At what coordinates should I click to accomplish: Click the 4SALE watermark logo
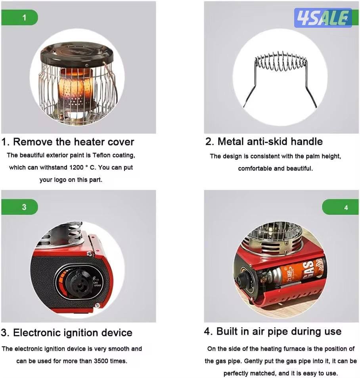pyautogui.click(x=323, y=18)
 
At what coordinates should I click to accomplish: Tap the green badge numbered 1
pyautogui.click(x=19, y=17)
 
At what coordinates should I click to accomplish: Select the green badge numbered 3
pyautogui.click(x=19, y=207)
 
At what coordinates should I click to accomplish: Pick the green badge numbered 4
pyautogui.click(x=340, y=207)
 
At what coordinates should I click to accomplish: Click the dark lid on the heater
pyautogui.click(x=77, y=54)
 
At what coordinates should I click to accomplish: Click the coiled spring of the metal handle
pyautogui.click(x=281, y=60)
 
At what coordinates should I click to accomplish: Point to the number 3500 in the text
pyautogui.click(x=101, y=361)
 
